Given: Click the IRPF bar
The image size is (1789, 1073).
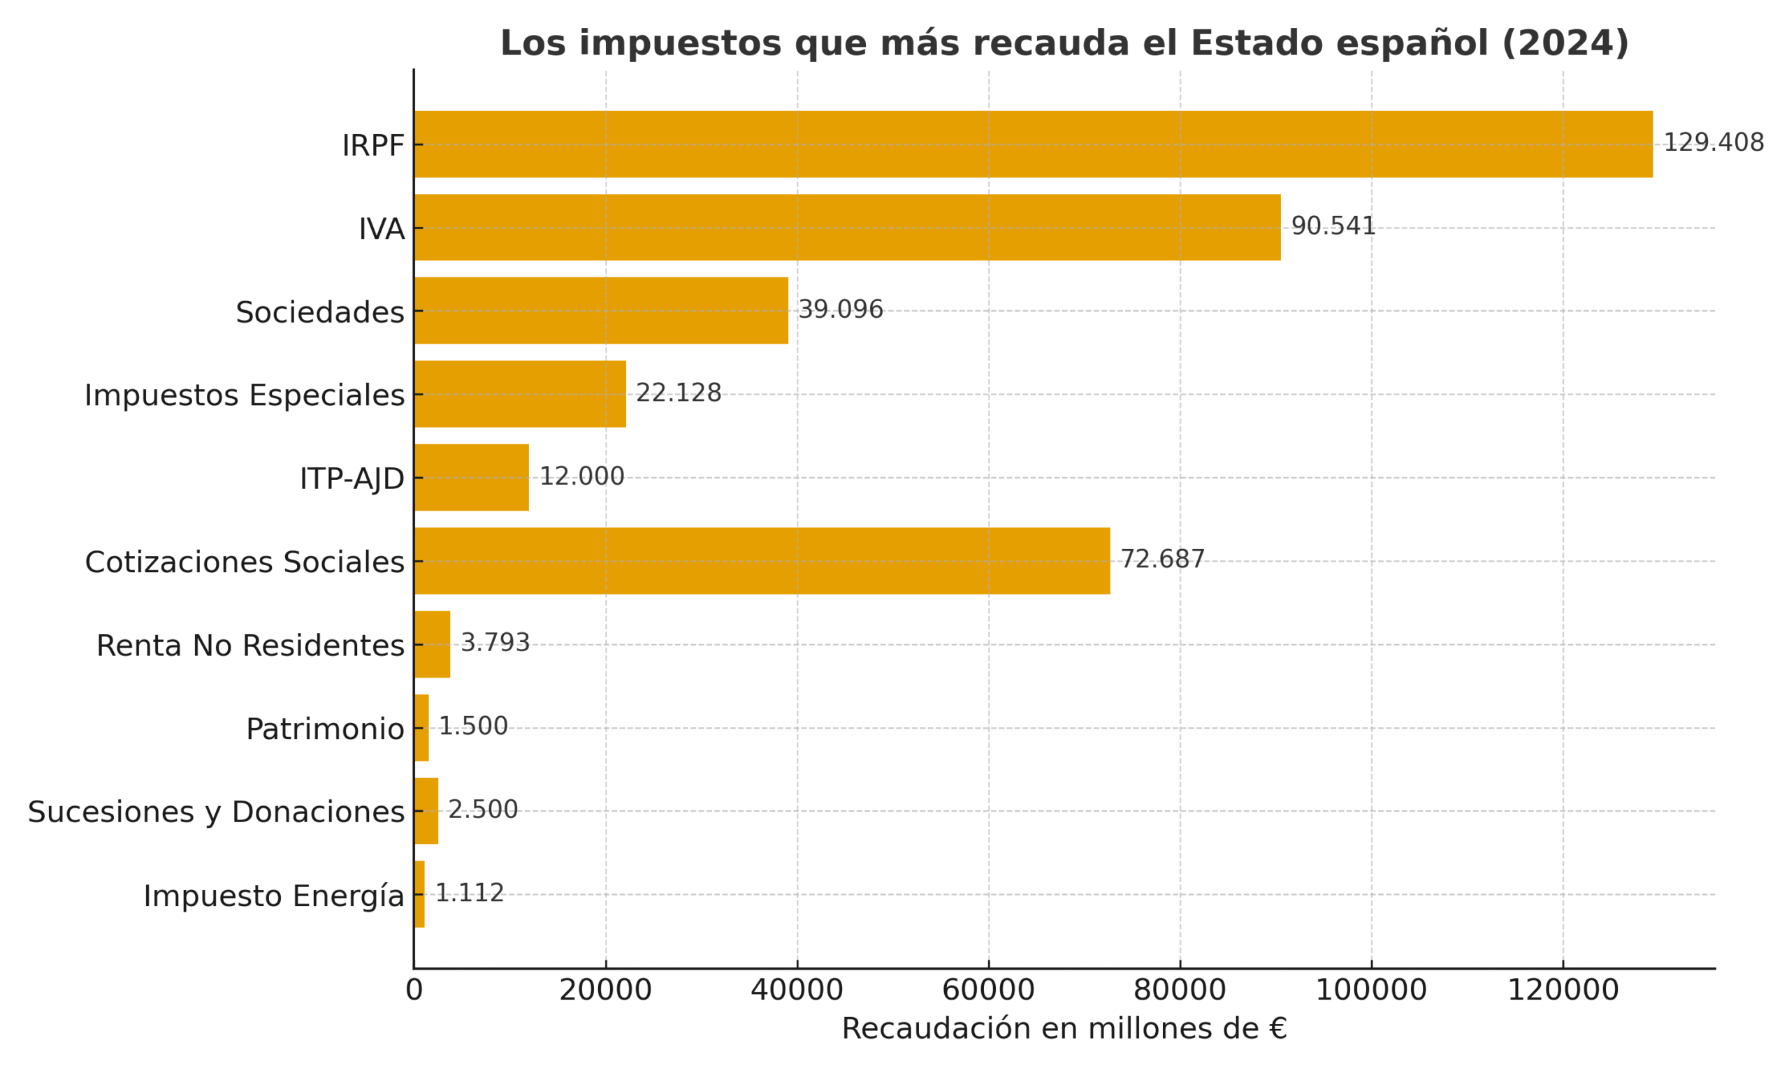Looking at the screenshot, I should (x=1033, y=144).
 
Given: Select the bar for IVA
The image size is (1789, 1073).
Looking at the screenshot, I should (x=847, y=227).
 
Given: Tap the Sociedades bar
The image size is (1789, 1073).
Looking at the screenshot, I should (x=601, y=310).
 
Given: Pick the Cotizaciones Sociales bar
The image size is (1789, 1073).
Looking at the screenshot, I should (x=762, y=560).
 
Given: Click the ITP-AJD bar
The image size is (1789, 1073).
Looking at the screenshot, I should (x=472, y=477).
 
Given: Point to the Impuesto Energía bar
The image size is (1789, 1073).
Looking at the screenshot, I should (x=419, y=893).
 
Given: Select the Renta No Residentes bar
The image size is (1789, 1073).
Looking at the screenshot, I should (x=433, y=643).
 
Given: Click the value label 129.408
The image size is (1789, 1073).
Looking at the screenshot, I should (x=1713, y=143).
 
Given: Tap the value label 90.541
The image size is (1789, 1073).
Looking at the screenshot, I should (x=1333, y=226).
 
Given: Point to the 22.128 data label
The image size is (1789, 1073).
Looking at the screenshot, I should (x=678, y=393).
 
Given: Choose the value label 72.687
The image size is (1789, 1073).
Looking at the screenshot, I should (x=1161, y=559).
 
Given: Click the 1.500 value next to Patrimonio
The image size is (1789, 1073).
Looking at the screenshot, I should (x=473, y=726).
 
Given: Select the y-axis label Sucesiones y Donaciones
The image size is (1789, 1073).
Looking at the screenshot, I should (x=215, y=811).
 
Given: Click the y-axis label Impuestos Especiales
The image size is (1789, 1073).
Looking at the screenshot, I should (x=245, y=395).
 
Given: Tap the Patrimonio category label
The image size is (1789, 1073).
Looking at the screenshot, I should (x=325, y=728).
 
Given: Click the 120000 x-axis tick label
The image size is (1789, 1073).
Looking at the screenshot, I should (x=1562, y=990).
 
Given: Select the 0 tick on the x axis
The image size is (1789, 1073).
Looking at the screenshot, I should (x=414, y=990).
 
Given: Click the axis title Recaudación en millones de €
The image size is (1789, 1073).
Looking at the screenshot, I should (x=1064, y=1028).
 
